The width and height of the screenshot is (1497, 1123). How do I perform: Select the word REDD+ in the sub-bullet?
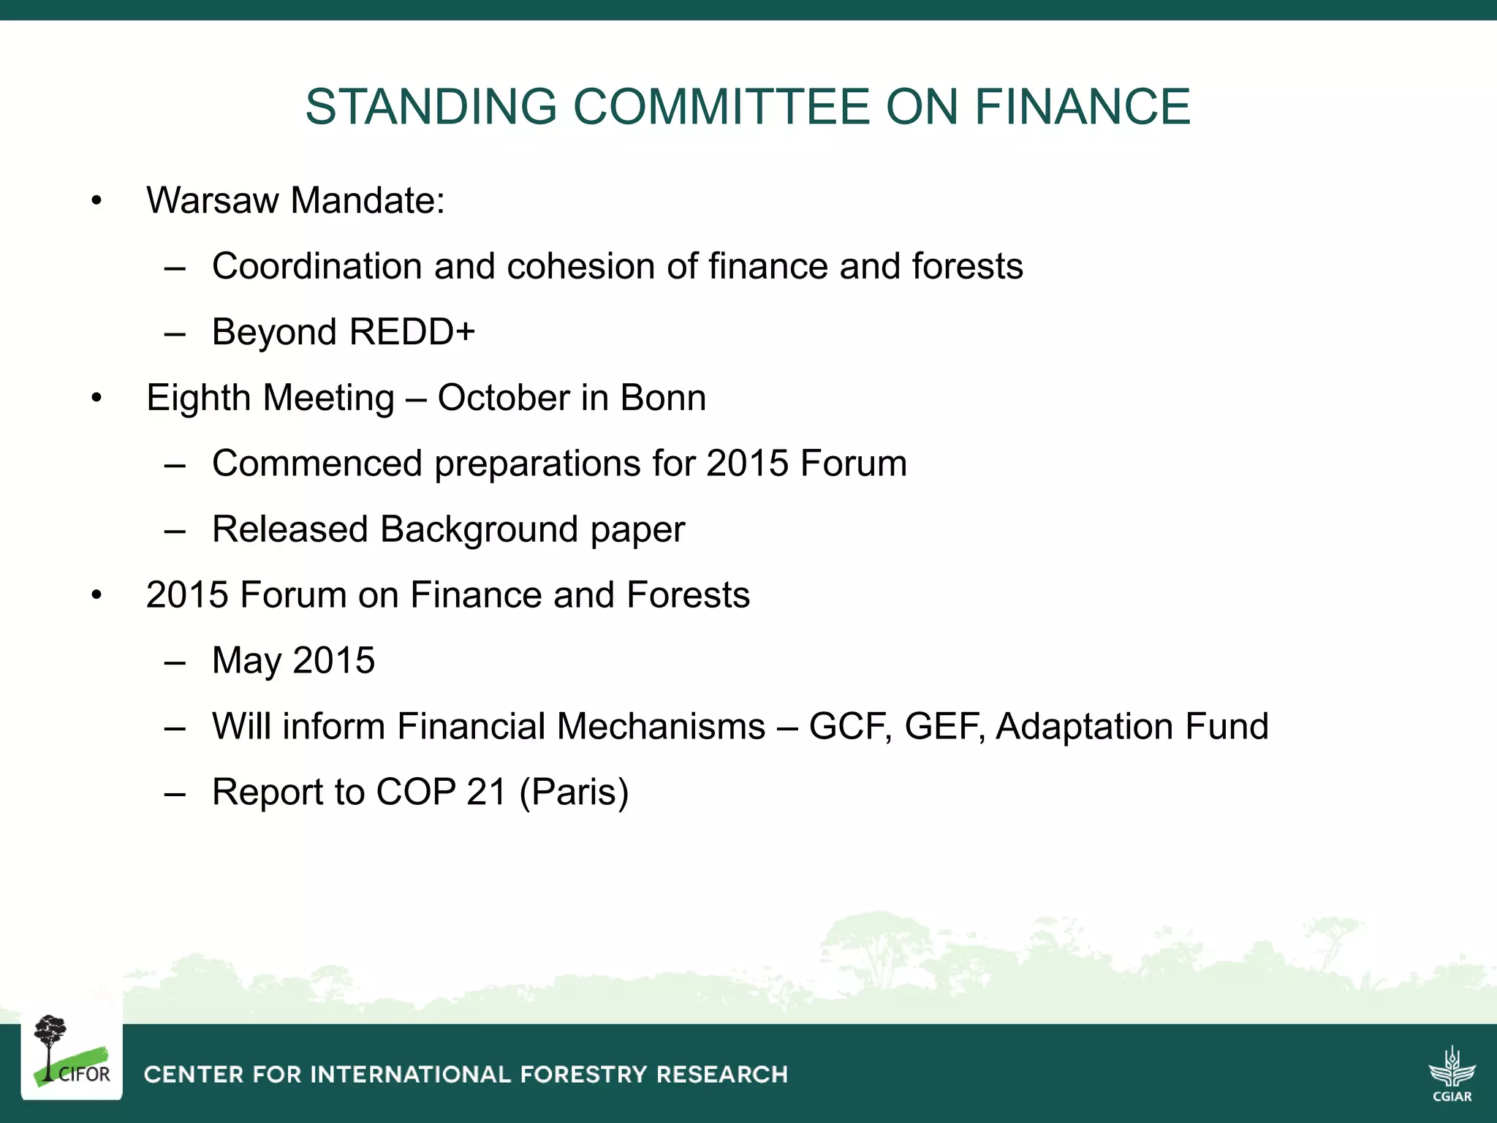pyautogui.click(x=412, y=332)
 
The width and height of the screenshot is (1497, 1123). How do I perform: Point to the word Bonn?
pyautogui.click(x=663, y=398)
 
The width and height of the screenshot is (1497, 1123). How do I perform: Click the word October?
pyautogui.click(x=504, y=398)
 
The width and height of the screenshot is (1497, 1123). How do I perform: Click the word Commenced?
pyautogui.click(x=317, y=464)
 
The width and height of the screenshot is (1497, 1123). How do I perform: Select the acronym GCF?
pyautogui.click(x=850, y=727)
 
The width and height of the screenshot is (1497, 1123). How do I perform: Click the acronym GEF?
pyautogui.click(x=946, y=727)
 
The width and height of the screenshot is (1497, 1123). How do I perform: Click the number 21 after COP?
pyautogui.click(x=486, y=793)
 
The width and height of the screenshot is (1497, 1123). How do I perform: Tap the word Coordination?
pyautogui.click(x=317, y=266)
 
